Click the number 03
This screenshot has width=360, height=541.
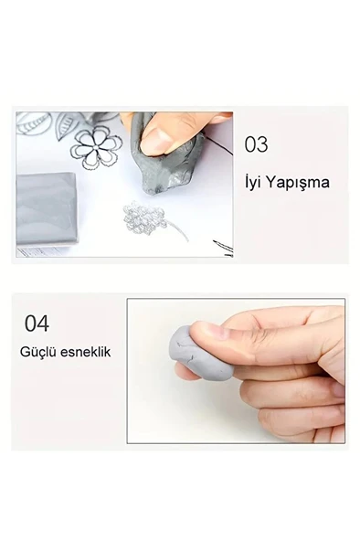[256, 144]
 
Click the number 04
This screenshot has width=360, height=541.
[37, 324]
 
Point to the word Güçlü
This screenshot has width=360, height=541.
[38, 352]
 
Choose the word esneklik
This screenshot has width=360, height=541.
[86, 352]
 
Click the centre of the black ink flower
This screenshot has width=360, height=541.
[96, 147]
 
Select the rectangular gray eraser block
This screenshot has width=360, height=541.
[46, 208]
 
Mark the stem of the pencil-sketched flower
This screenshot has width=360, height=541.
[178, 231]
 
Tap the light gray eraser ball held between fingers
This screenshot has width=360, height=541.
[201, 353]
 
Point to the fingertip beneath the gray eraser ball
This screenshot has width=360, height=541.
[187, 373]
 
